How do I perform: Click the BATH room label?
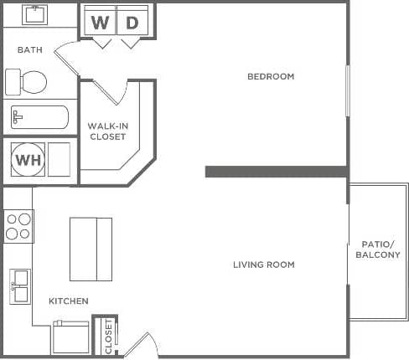pyautogui.click(x=30, y=50)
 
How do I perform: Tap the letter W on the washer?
pyautogui.click(x=100, y=23)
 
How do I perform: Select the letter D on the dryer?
pyautogui.click(x=132, y=23)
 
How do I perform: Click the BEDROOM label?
pyautogui.click(x=271, y=77)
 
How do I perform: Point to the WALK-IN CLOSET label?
pyautogui.click(x=107, y=131)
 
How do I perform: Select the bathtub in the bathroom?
pyautogui.click(x=39, y=116)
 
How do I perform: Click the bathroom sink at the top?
pyautogui.click(x=35, y=14)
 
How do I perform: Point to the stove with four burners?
pyautogui.click(x=18, y=225)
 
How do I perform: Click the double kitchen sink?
pyautogui.click(x=19, y=285)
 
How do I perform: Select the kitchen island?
pyautogui.click(x=91, y=249)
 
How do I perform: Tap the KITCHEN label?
pyautogui.click(x=69, y=301)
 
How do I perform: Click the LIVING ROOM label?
pyautogui.click(x=263, y=265)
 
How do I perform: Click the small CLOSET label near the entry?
pyautogui.click(x=108, y=337)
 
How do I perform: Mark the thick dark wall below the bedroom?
pyautogui.click(x=276, y=172)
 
